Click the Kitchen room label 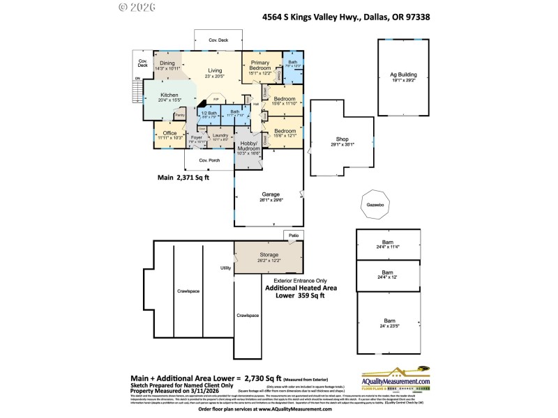(x=169, y=96)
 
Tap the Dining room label (x=167, y=64)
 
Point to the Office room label (x=169, y=134)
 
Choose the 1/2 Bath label (x=209, y=113)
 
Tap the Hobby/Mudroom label (x=248, y=146)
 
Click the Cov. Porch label (x=209, y=160)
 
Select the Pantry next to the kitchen (x=179, y=115)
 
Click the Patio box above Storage (x=294, y=236)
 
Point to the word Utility (x=225, y=268)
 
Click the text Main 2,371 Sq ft (x=183, y=178)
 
